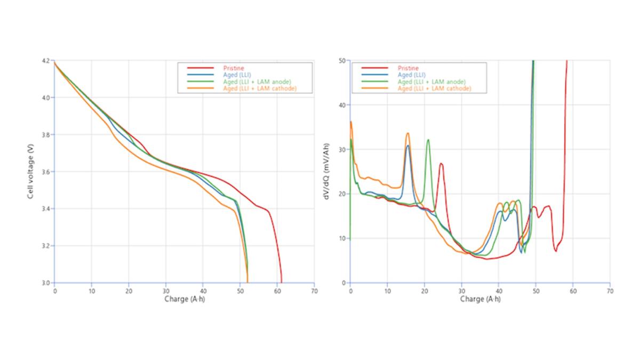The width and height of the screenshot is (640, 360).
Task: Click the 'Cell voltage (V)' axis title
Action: (31, 172)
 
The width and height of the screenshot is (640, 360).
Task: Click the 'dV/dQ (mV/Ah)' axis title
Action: (327, 172)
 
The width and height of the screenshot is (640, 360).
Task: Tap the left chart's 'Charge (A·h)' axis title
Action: (184, 299)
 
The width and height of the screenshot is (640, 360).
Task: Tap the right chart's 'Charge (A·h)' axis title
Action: (480, 299)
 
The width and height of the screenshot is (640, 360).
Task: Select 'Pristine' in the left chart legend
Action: (231, 68)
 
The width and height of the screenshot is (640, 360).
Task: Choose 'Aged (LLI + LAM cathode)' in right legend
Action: (434, 89)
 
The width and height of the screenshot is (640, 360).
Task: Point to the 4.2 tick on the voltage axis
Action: (47, 61)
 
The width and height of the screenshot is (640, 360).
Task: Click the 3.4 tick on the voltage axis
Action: (47, 209)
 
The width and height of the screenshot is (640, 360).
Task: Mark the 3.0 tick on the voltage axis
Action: (47, 283)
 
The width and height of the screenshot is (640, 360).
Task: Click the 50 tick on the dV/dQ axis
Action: (343, 61)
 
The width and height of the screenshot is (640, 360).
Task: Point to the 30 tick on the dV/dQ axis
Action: (343, 149)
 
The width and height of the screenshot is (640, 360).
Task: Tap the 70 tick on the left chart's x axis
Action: (314, 291)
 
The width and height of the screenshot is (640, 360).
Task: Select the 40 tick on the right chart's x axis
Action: (499, 291)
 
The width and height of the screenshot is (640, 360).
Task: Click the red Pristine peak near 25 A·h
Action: (441, 164)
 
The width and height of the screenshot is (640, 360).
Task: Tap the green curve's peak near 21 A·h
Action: (428, 140)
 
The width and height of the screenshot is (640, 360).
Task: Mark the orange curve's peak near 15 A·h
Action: (407, 133)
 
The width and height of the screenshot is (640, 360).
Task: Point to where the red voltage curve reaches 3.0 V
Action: (281, 282)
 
